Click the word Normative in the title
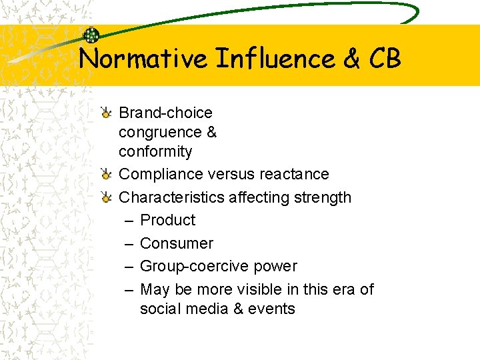143,59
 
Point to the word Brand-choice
165,113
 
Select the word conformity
155,151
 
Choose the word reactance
297,174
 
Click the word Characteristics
171,197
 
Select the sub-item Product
167,220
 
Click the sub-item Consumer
176,243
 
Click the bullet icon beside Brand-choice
106,113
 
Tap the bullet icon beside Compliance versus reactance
106,175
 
